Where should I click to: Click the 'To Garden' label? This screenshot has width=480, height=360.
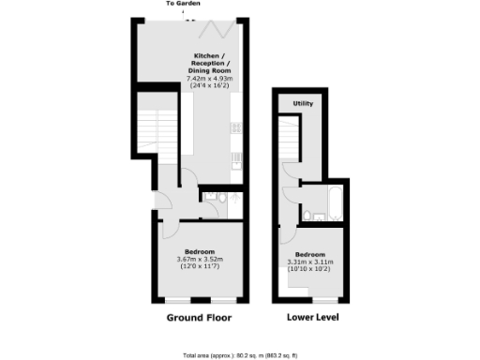tap(184, 4)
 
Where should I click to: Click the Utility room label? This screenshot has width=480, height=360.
tap(303, 103)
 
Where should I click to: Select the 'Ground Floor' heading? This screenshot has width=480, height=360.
tap(199, 318)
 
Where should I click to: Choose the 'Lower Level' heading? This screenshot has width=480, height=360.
tap(313, 318)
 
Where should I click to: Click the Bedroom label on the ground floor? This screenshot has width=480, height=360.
tap(200, 250)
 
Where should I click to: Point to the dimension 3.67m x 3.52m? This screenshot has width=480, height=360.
tap(200, 258)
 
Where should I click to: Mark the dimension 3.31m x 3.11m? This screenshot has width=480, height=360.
tap(310, 262)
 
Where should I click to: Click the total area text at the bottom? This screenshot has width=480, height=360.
tap(241, 355)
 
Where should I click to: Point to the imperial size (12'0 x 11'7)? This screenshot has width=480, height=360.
tap(200, 266)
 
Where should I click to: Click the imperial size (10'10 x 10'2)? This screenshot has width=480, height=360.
tap(310, 269)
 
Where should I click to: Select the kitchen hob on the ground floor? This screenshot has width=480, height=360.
tap(236, 127)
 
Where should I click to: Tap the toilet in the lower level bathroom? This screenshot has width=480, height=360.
tap(308, 217)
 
